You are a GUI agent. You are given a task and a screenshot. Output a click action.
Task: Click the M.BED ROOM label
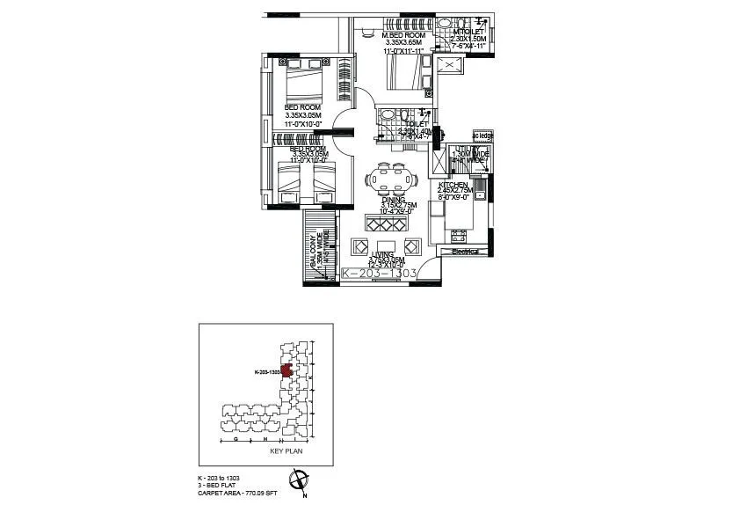coord(405,35)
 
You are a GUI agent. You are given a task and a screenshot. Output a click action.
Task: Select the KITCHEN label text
coord(454,185)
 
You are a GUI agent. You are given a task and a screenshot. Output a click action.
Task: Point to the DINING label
coord(393,200)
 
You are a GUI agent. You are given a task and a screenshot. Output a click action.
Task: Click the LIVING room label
coord(382,254)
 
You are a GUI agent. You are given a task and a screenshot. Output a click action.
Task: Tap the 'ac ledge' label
coord(483,136)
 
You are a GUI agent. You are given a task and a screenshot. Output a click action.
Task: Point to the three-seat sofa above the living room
coord(388,221)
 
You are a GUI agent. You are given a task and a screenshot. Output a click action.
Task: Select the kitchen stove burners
coord(459,236)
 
